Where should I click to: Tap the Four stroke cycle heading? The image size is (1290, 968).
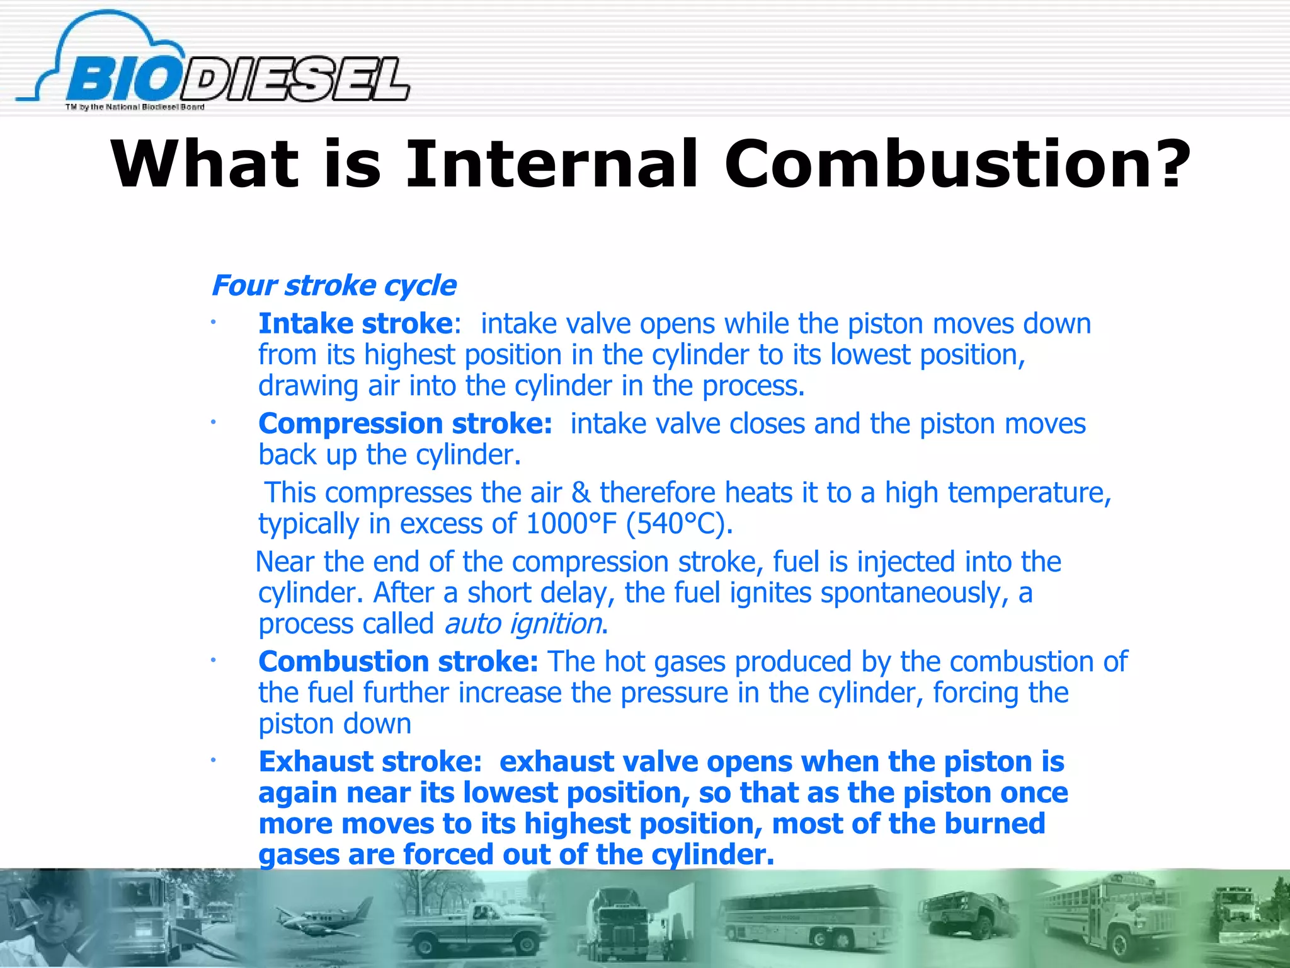(333, 285)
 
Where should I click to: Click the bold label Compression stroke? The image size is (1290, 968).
(405, 423)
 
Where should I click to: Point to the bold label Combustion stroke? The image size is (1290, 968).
(398, 662)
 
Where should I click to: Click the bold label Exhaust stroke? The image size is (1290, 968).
(370, 762)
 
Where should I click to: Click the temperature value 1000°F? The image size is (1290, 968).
(571, 524)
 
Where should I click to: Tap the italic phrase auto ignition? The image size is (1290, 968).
(523, 624)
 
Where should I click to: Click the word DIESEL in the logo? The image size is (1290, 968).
(296, 80)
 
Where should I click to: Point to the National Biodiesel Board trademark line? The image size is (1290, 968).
(135, 107)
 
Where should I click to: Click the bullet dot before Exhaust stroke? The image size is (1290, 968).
(214, 761)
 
